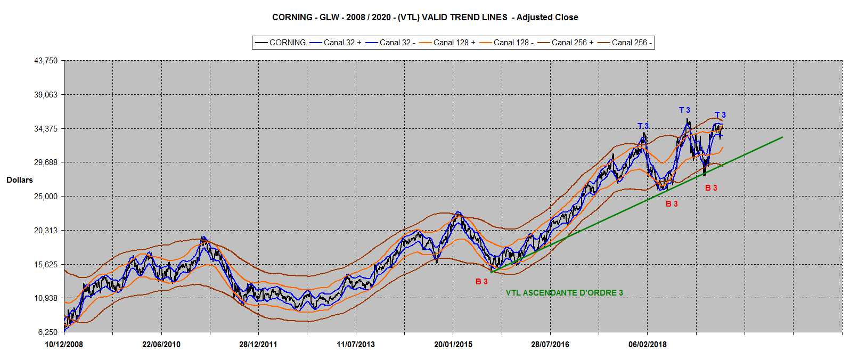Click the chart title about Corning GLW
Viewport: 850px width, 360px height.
point(424,17)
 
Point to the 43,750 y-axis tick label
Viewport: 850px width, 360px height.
point(46,61)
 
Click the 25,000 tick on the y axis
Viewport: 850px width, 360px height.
point(46,197)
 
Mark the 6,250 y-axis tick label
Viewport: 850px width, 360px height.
point(48,332)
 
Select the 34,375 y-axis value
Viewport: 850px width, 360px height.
point(46,129)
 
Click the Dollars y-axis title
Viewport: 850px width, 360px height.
point(20,180)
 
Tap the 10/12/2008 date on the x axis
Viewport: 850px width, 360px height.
point(64,345)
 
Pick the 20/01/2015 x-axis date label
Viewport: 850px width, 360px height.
point(453,345)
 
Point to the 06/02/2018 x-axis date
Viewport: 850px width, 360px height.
point(648,345)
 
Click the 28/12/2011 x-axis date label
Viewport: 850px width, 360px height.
point(258,345)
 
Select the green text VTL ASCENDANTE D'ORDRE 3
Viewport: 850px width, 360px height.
point(564,293)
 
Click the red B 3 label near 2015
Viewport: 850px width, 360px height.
point(481,282)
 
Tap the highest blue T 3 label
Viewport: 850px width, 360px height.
point(684,110)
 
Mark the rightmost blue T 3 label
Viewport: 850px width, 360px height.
point(720,115)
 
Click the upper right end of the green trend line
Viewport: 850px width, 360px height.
point(782,137)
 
